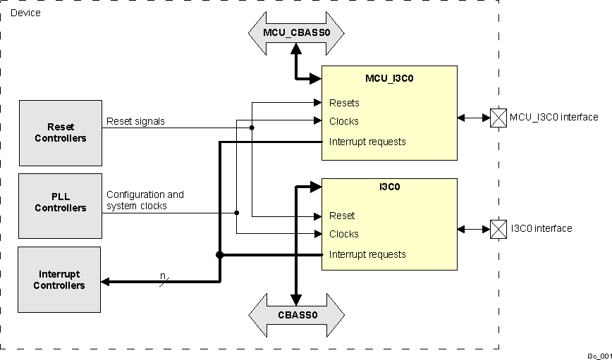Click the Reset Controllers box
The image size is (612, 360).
point(61,132)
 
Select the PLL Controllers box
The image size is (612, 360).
point(61,203)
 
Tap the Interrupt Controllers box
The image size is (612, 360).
point(59,280)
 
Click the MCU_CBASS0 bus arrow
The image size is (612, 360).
point(296,32)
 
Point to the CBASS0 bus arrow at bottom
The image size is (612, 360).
point(296,314)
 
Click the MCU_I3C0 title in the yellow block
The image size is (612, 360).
point(389,79)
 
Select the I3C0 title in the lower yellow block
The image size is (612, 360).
point(389,188)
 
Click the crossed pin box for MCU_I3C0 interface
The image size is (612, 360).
point(498,118)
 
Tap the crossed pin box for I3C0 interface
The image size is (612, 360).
point(498,229)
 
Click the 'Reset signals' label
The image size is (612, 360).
point(135,121)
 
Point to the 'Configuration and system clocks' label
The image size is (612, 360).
point(145,200)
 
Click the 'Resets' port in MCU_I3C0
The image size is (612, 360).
point(344,103)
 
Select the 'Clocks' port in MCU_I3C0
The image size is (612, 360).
point(344,121)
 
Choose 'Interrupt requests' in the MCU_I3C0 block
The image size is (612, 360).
point(367,142)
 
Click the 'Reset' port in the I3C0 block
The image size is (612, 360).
point(342,216)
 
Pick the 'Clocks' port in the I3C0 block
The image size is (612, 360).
point(344,234)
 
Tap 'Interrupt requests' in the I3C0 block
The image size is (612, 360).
point(367,254)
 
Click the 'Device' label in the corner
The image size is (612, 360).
point(25,13)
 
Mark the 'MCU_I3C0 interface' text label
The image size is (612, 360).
point(553,118)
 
